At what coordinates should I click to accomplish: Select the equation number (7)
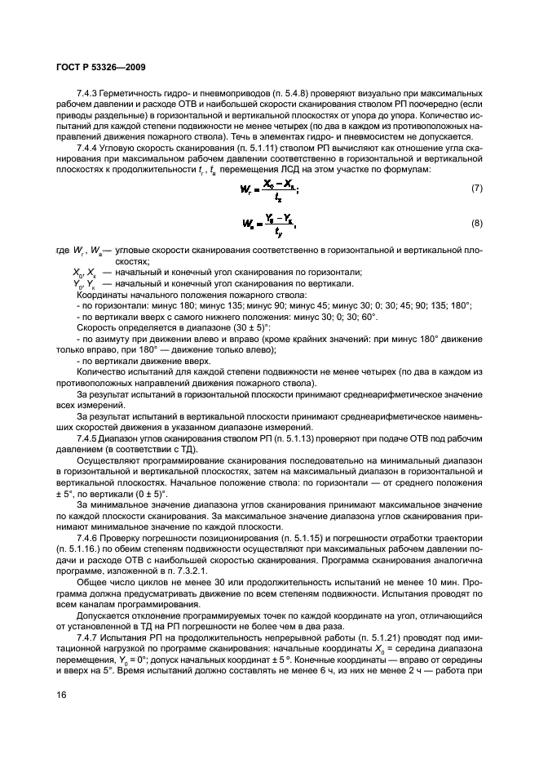pos(476,189)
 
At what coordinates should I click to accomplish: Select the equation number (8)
pos(476,223)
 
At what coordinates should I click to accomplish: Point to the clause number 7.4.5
pos(90,438)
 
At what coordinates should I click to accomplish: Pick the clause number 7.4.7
pos(90,636)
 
